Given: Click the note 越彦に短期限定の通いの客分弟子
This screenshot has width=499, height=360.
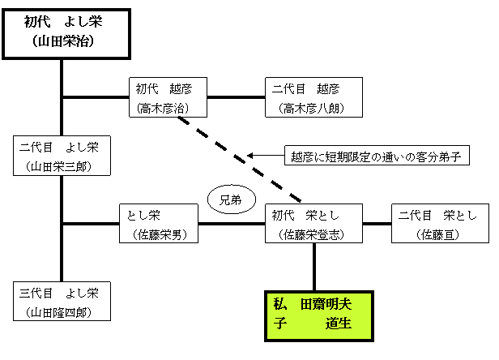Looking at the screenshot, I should [x=376, y=156].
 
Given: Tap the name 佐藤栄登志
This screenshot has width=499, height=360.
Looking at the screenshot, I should [x=312, y=234].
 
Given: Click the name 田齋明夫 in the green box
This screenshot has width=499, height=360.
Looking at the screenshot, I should [x=326, y=305].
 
